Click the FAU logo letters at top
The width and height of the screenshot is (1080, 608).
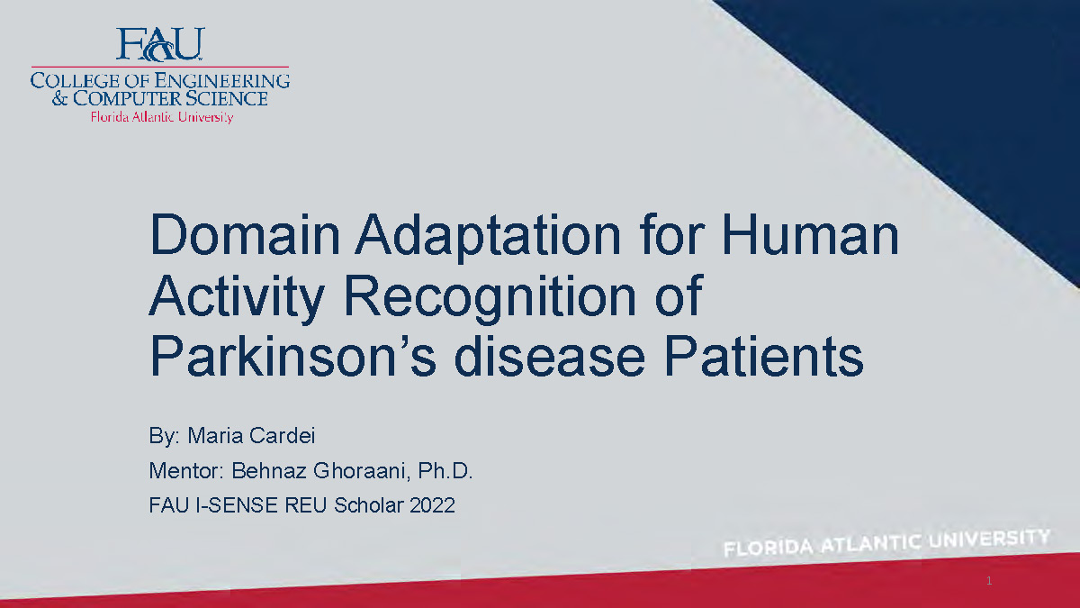coord(160,43)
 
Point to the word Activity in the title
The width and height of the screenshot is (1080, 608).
coord(235,297)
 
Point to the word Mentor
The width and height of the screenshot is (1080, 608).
coord(186,471)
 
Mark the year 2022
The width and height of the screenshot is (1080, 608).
coord(432,505)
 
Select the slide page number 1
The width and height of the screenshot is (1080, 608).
coord(988,581)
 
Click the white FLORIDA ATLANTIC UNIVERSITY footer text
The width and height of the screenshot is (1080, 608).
coord(886,543)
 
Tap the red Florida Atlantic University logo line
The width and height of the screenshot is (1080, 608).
coord(160,117)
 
